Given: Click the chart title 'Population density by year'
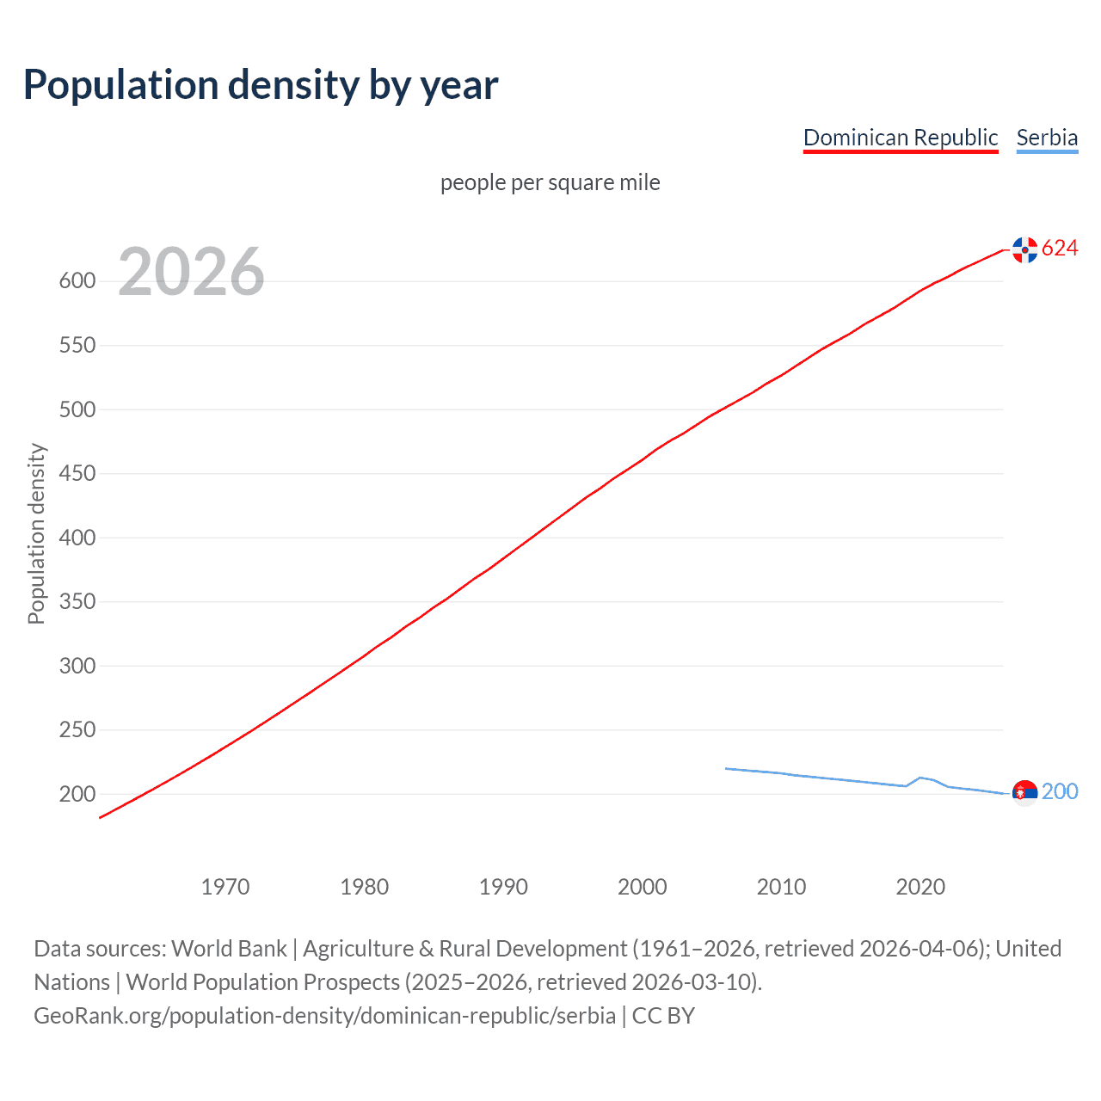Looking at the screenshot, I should [261, 85].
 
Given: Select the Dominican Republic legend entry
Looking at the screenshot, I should [900, 138].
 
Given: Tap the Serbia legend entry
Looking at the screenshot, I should [1047, 138].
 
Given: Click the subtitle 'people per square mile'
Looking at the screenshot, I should [550, 182].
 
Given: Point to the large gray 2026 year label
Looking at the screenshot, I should [191, 272].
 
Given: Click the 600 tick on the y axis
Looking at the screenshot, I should [77, 281].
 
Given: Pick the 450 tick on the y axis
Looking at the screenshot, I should [77, 474].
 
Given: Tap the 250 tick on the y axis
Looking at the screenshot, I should [77, 730].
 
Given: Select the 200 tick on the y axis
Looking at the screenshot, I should [77, 794].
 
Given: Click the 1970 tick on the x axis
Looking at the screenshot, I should [225, 887].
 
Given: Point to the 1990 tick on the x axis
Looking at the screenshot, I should [503, 887].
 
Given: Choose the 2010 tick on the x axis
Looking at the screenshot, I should [781, 887].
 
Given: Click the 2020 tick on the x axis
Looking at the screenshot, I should [920, 887].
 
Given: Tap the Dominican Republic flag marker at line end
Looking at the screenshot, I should [1024, 249].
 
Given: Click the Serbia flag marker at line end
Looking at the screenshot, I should [1024, 792].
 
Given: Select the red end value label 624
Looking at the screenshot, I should [1060, 249].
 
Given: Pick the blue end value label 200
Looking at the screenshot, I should [1060, 791].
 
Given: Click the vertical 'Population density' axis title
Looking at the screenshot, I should [36, 533].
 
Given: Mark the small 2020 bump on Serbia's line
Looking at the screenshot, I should [920, 778].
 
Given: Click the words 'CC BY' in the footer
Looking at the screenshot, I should [663, 1016].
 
